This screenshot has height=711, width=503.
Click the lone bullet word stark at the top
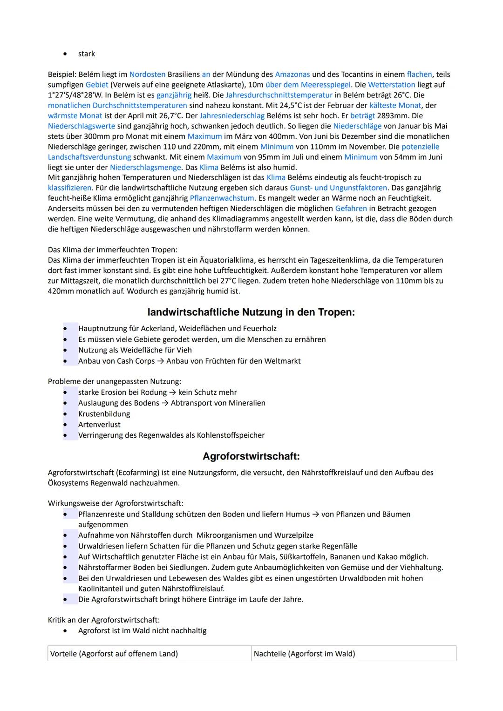[87, 54]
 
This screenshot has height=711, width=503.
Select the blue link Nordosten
[147, 74]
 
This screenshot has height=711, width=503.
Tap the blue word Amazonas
[292, 74]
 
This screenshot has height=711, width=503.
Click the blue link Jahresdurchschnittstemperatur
[279, 95]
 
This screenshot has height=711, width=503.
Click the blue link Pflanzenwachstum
[222, 198]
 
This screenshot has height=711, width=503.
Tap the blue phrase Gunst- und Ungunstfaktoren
[338, 188]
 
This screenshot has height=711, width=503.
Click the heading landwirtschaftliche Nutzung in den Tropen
[251, 312]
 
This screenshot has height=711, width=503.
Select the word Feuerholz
[259, 329]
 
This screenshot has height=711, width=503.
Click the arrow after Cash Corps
[160, 361]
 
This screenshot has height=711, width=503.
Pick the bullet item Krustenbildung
[104, 414]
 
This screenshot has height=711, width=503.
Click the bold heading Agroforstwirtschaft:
[251, 456]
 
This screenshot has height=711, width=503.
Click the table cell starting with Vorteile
[149, 654]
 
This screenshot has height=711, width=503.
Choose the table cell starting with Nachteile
[353, 654]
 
